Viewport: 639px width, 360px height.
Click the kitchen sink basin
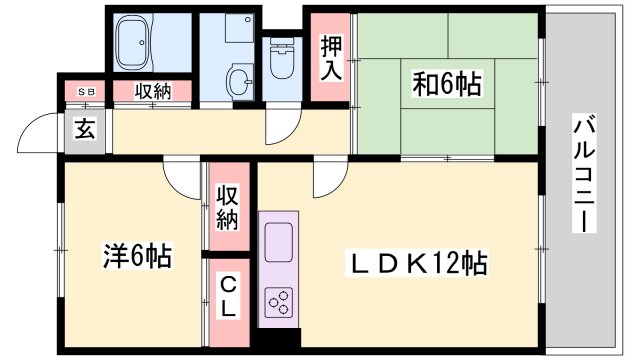click(277, 241)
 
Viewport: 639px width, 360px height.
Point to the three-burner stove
click(278, 300)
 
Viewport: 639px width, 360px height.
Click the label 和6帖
click(447, 85)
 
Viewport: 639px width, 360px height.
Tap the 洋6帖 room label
click(137, 256)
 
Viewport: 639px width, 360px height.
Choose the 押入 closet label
click(331, 59)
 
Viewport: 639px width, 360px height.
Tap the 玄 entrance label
click(86, 129)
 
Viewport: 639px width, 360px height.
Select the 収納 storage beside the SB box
click(151, 91)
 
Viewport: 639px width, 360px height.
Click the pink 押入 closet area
click(330, 75)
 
